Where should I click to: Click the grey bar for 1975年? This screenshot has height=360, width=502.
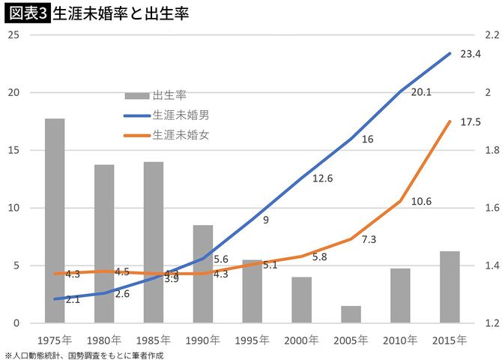pyautogui.click(x=54, y=220)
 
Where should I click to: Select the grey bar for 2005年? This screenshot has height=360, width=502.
pyautogui.click(x=351, y=314)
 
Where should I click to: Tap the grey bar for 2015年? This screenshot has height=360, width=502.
pyautogui.click(x=450, y=286)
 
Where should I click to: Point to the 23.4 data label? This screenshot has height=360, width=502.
pyautogui.click(x=470, y=54)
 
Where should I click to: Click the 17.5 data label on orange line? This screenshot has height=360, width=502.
pyautogui.click(x=470, y=122)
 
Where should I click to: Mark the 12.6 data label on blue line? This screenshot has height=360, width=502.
pyautogui.click(x=322, y=178)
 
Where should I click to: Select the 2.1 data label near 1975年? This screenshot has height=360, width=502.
pyautogui.click(x=73, y=299)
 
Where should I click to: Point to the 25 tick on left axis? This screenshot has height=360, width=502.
pyautogui.click(x=13, y=35)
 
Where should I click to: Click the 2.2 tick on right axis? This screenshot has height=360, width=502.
pyautogui.click(x=492, y=35)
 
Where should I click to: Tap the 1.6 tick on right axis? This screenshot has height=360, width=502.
pyautogui.click(x=492, y=208)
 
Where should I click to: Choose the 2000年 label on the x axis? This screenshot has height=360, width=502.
pyautogui.click(x=301, y=340)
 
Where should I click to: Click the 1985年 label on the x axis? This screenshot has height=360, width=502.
pyautogui.click(x=153, y=340)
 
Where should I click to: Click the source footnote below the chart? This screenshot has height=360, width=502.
pyautogui.click(x=83, y=355)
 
